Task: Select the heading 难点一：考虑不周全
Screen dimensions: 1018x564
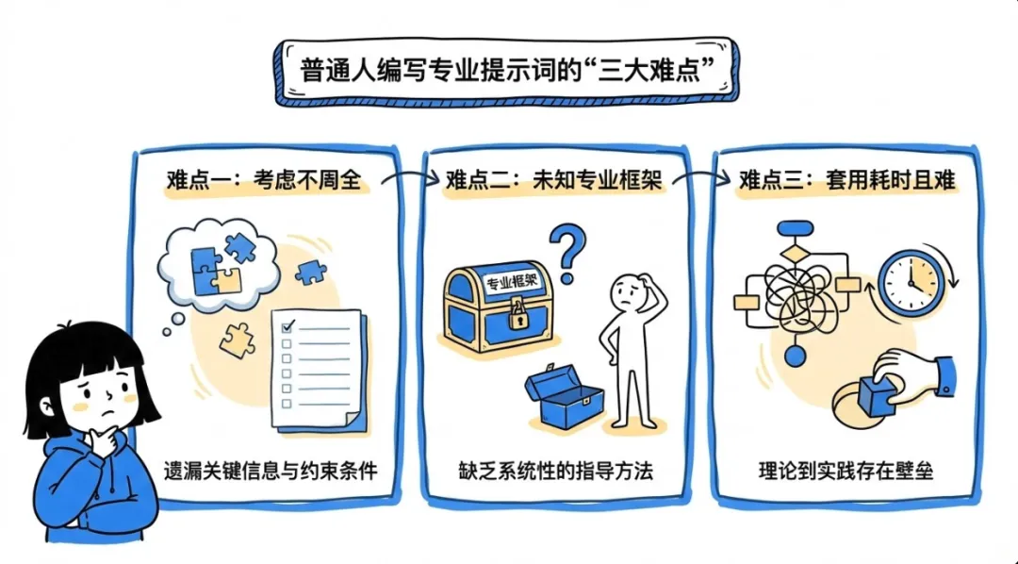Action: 263,180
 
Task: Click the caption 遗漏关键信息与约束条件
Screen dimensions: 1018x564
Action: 269,469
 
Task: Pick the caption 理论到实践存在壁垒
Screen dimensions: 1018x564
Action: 846,469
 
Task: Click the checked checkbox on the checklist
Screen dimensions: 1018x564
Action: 288,326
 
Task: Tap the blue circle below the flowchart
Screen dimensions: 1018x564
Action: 796,357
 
